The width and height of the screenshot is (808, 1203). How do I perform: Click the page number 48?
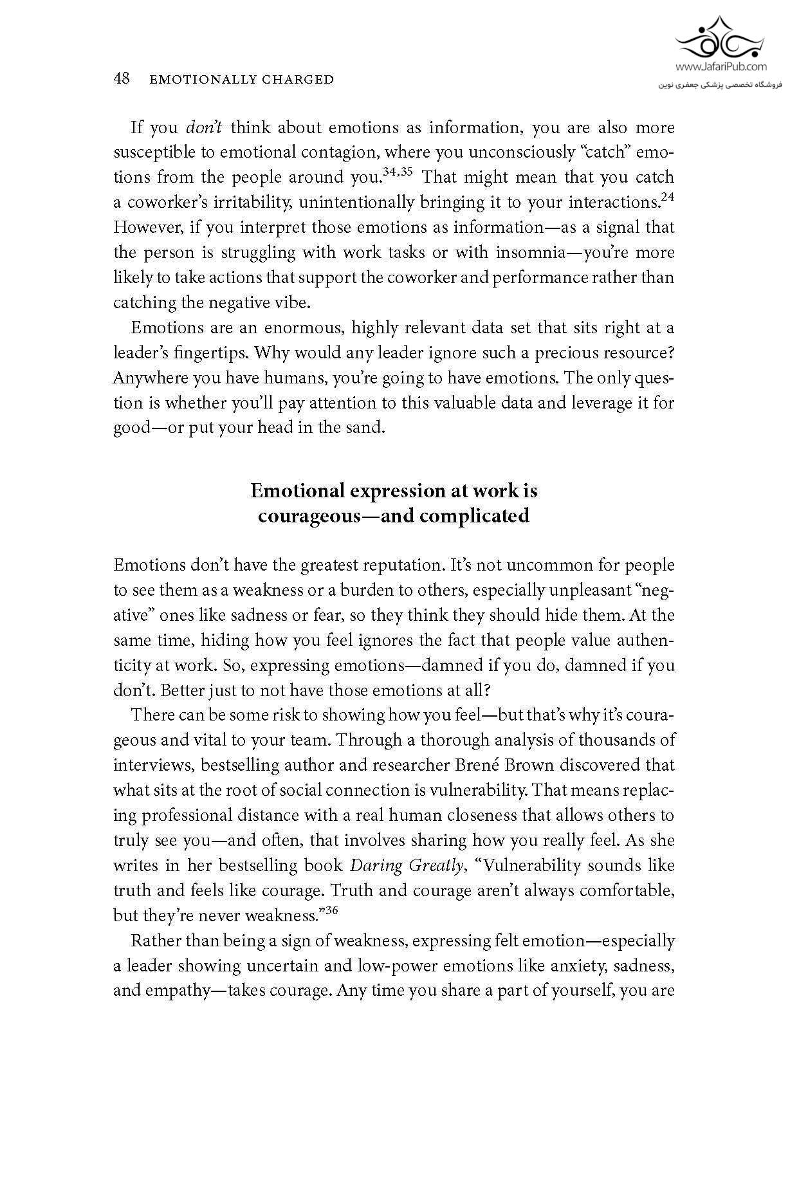click(122, 78)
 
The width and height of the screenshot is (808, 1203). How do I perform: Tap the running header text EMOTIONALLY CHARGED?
click(241, 80)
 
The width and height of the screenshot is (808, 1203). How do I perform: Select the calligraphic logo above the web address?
click(721, 39)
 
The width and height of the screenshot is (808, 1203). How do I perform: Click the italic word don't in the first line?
click(204, 127)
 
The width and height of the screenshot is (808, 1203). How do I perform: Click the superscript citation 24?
click(667, 197)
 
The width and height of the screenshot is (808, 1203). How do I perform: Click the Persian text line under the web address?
click(721, 84)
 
